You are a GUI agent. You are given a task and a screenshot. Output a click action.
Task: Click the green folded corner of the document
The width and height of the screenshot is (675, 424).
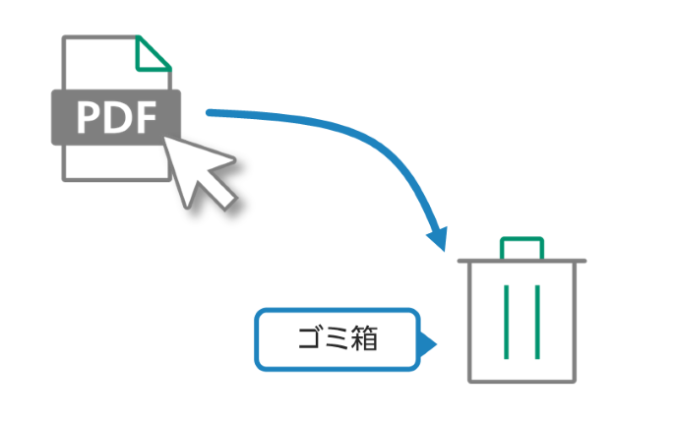tap(154, 57)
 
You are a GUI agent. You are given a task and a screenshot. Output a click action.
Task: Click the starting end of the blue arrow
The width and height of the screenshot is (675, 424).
tap(210, 113)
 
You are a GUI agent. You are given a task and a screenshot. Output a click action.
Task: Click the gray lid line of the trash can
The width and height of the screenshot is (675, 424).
tap(522, 262)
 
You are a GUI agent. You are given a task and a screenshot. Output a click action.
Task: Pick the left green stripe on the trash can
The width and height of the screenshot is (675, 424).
tap(506, 321)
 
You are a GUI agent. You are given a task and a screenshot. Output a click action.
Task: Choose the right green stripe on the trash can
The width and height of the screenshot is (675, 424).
tap(537, 321)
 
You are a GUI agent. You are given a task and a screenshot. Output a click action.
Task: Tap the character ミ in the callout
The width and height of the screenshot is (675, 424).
tap(337, 340)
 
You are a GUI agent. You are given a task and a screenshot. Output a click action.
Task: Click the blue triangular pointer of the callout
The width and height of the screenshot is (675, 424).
tap(427, 343)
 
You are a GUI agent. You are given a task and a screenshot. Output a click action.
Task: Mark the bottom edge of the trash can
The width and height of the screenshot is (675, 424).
tap(522, 381)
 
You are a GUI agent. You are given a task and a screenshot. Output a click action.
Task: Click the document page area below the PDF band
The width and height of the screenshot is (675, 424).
tap(113, 162)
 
